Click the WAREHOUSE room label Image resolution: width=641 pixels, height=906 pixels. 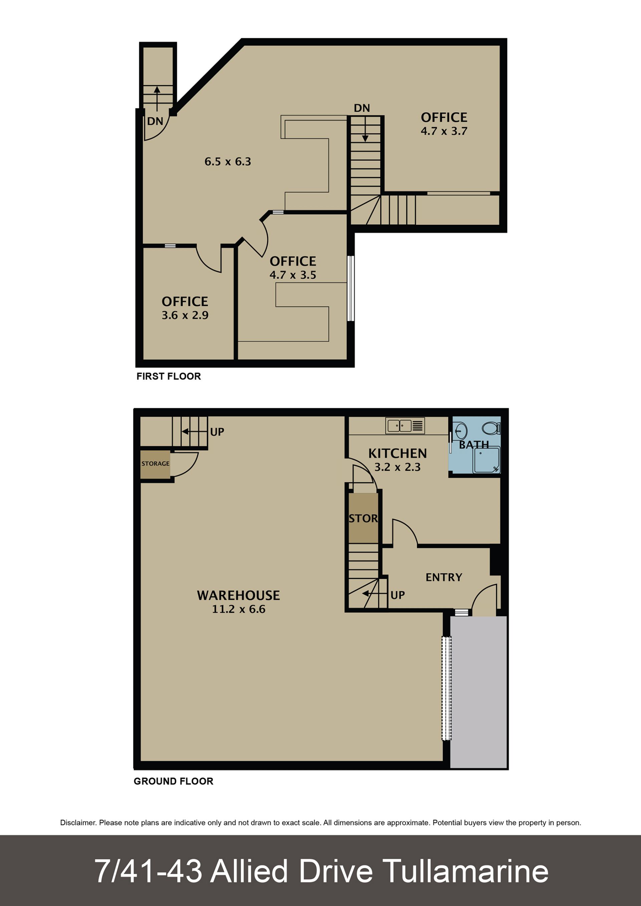coord(238,595)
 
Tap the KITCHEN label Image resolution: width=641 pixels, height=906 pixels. coord(398,454)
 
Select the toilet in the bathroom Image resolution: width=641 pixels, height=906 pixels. coord(492,428)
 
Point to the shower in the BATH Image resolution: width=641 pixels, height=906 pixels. coord(487,460)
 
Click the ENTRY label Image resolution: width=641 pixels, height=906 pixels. coord(444,578)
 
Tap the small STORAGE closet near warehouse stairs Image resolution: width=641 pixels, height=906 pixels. coord(155,465)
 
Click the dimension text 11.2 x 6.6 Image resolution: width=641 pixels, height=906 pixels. coord(238,609)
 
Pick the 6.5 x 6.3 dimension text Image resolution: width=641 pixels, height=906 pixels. coord(228,162)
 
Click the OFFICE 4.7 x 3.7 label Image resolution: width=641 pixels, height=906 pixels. coord(444,124)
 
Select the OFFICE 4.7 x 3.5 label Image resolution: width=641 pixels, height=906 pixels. coord(293,268)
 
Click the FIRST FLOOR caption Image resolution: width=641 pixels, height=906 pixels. coord(169,376)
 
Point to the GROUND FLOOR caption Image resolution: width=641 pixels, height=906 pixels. coord(173,781)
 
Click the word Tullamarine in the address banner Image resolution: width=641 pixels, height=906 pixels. coord(466,871)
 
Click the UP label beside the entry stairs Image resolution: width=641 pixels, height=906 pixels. coord(398,595)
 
